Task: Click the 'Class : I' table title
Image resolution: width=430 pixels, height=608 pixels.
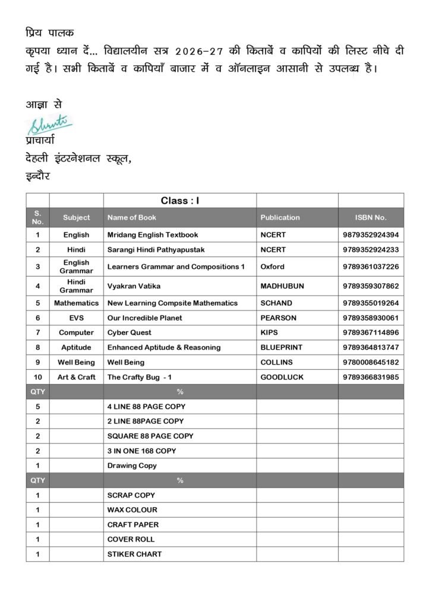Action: (x=180, y=201)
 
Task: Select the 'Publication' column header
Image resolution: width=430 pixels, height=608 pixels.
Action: (x=280, y=217)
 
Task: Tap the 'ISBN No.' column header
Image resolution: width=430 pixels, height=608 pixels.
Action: (x=371, y=217)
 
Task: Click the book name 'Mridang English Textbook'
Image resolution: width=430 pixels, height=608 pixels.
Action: (x=153, y=235)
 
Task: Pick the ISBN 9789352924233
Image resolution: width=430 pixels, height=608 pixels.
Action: (x=371, y=249)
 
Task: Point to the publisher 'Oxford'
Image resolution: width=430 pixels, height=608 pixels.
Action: (x=272, y=267)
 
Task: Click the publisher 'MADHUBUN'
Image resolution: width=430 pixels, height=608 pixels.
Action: (x=282, y=286)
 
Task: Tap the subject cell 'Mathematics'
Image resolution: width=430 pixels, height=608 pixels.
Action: (x=76, y=303)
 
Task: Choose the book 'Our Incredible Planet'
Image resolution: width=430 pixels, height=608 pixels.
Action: (x=144, y=318)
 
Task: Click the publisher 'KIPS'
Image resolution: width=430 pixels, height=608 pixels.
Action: (x=269, y=332)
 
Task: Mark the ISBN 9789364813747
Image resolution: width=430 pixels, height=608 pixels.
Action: (x=371, y=347)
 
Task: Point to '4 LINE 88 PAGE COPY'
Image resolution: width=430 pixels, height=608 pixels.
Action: (x=146, y=407)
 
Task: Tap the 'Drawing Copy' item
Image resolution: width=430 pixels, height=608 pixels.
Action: (x=132, y=465)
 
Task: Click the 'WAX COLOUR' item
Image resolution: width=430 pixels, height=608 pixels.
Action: (x=132, y=509)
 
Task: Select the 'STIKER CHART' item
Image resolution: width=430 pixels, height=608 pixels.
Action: (x=134, y=554)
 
